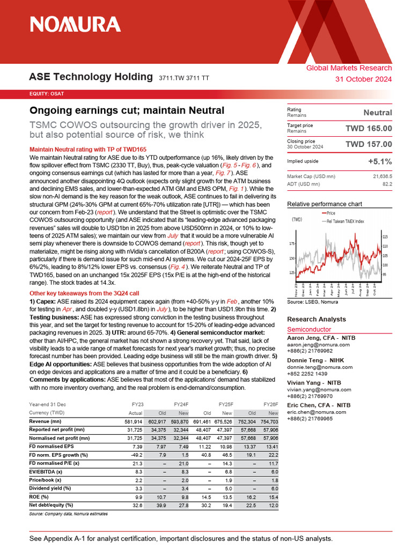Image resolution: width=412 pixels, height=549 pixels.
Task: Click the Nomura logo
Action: click(x=75, y=24)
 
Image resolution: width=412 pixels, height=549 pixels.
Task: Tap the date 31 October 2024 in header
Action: click(x=363, y=79)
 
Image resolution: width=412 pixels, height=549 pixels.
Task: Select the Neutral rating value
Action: click(x=378, y=113)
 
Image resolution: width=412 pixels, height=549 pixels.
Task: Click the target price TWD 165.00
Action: click(x=369, y=128)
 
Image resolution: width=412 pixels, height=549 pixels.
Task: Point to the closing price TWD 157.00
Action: click(x=369, y=144)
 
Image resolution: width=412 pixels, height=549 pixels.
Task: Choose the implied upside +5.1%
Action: click(x=379, y=161)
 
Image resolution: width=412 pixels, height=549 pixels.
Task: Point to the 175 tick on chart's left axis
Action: click(x=292, y=244)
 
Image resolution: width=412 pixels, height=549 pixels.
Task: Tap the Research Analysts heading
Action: click(x=317, y=319)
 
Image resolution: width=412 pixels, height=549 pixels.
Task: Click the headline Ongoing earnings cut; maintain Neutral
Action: click(x=127, y=110)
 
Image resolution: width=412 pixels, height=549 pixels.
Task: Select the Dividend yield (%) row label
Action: click(x=50, y=488)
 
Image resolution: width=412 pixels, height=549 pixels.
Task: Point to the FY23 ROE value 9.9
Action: click(x=137, y=496)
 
